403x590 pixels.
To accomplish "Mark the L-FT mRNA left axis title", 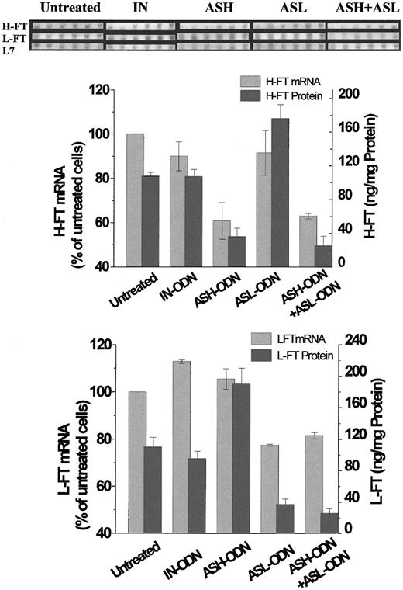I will (66, 439).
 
